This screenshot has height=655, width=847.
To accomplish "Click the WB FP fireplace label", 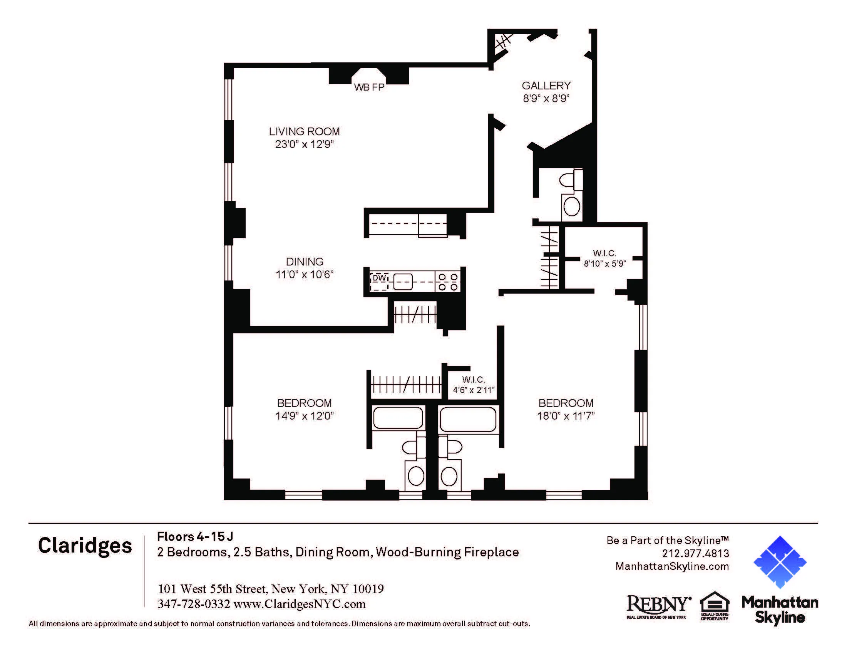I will [x=369, y=87].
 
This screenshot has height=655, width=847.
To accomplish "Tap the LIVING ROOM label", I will [x=305, y=131].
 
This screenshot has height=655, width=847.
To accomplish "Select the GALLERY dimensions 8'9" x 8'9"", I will [x=546, y=99].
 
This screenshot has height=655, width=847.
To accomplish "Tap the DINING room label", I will [x=305, y=262].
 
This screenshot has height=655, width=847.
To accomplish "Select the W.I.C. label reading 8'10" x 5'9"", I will [x=604, y=259].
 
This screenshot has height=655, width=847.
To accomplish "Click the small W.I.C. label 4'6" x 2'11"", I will [x=474, y=385].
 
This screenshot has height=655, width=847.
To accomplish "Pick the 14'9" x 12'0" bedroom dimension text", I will [x=305, y=416].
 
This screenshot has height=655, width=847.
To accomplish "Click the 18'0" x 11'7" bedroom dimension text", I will [x=566, y=416].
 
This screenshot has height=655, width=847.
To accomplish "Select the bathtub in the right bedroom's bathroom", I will [x=468, y=420].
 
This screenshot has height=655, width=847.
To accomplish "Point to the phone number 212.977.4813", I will [x=695, y=553].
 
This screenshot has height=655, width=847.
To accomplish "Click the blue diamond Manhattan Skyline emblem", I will [x=780, y=562].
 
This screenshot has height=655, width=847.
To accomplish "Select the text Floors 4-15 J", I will [x=195, y=537].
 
